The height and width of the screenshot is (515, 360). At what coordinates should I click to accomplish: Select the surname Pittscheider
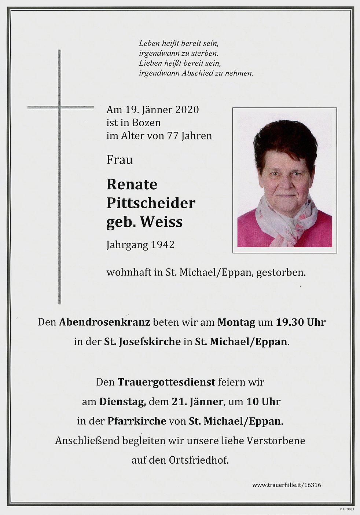pos(151,203)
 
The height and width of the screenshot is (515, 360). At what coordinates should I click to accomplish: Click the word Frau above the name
pos(120,160)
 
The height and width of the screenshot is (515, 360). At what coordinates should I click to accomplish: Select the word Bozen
pos(147,123)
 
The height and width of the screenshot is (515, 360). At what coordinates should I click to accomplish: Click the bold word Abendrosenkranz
pos(104,322)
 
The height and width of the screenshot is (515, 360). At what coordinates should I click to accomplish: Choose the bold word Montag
pos(236,322)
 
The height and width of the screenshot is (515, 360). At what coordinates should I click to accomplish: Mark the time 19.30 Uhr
pos(300,322)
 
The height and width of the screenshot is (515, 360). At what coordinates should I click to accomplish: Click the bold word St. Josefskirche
pos(142,342)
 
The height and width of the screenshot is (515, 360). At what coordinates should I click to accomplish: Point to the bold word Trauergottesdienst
pos(166,382)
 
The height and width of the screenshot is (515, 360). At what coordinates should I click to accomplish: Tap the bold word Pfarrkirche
pos(137,421)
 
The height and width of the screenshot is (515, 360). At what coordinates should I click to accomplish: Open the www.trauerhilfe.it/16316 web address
pos(286,485)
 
